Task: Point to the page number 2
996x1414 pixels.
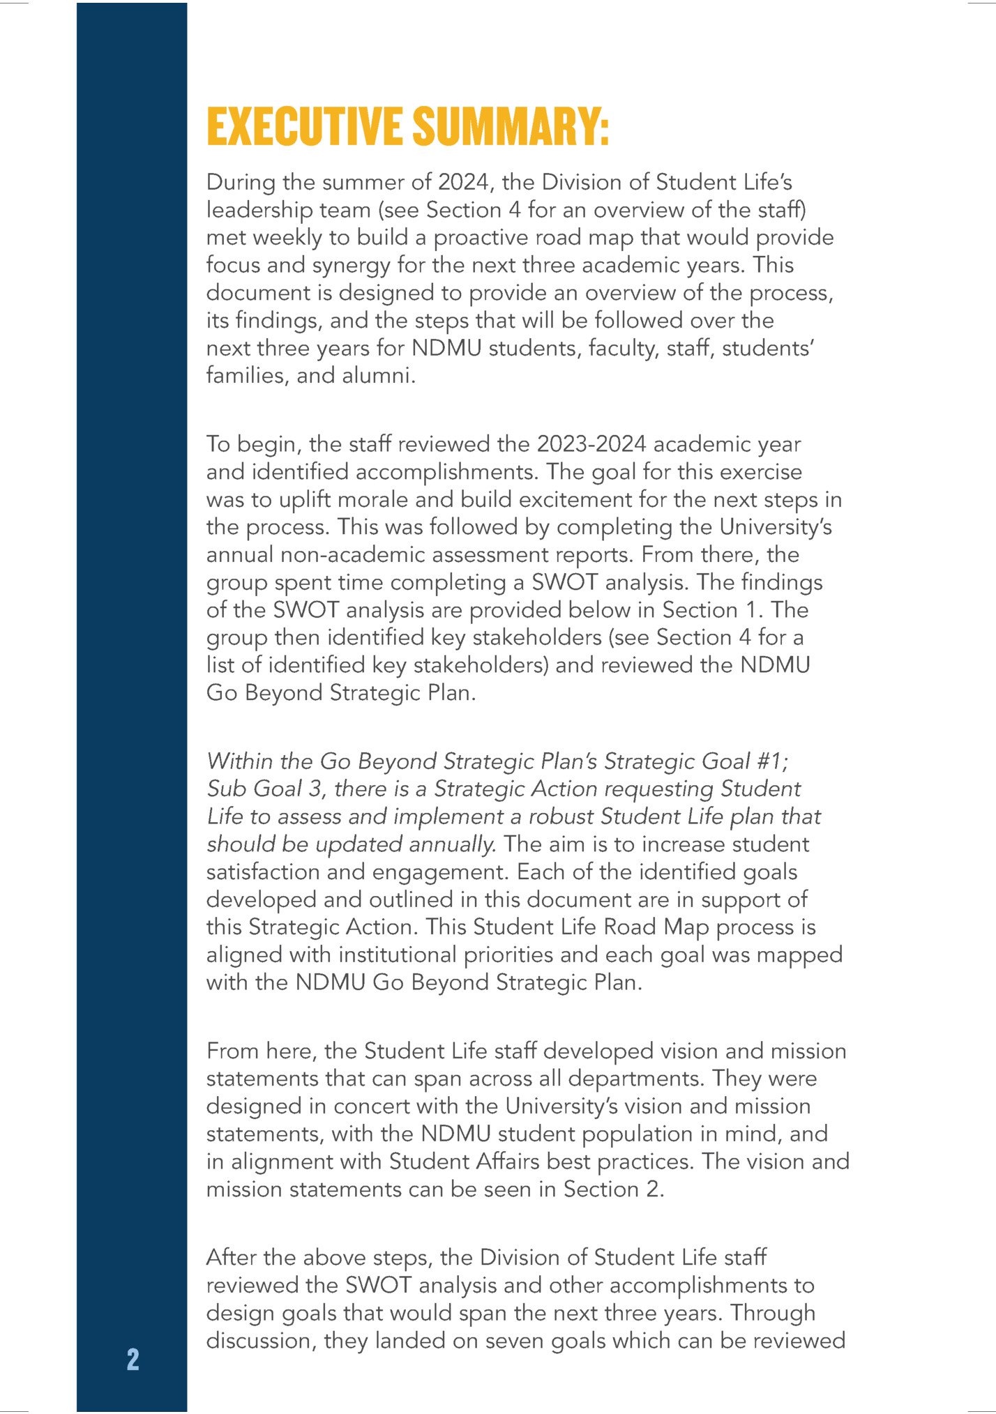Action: point(133,1360)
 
